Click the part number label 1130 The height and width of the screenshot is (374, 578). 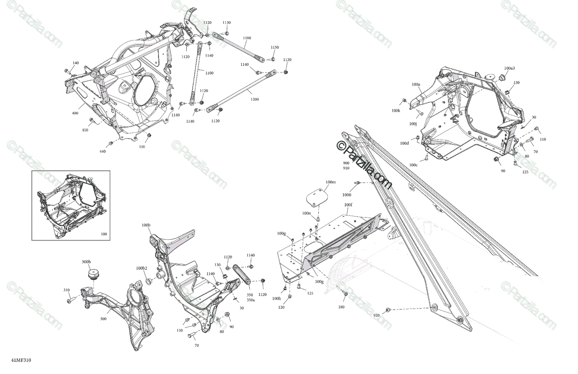[x=226, y=23]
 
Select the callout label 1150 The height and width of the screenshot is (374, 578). [x=275, y=47]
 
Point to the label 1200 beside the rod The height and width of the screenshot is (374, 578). [x=254, y=99]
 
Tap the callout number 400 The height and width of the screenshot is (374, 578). [x=75, y=113]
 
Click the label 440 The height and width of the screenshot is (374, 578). [x=103, y=151]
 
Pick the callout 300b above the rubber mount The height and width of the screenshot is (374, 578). [x=86, y=261]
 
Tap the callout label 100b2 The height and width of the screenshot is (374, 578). [x=141, y=268]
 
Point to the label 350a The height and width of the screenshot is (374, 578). [x=250, y=300]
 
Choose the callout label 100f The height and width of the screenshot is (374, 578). [x=348, y=205]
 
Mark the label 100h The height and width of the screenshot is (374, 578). [x=276, y=299]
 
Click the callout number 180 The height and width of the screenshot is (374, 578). [x=342, y=307]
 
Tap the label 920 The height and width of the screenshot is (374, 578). [x=377, y=315]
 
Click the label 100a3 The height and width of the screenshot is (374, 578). [x=510, y=68]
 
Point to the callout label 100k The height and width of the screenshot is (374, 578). [x=396, y=111]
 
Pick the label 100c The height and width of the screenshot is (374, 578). [x=414, y=165]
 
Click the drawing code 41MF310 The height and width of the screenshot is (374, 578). [x=18, y=360]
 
